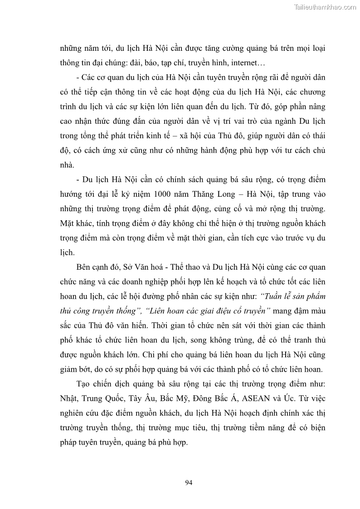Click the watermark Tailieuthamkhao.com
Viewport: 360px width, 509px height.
pos(326,7)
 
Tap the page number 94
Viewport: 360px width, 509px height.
pos(189,482)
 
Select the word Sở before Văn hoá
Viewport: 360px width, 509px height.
pos(125,267)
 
